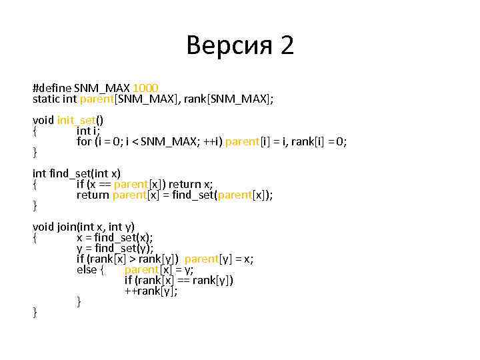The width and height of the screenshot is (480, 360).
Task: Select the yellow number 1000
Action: coord(146,88)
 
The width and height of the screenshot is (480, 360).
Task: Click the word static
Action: coord(45,99)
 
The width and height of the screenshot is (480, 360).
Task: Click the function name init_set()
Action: coord(80,120)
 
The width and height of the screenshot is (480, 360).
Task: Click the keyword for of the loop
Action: coord(83,141)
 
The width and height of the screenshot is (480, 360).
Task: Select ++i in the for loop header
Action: coord(212,141)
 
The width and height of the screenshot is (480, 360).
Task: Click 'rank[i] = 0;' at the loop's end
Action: coord(319,141)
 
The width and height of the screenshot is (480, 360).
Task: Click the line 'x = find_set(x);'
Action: coord(115,237)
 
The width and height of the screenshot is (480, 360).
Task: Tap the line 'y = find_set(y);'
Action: coord(115,248)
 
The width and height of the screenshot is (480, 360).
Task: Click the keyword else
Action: coord(87,269)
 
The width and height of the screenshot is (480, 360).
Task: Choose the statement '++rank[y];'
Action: coord(151,291)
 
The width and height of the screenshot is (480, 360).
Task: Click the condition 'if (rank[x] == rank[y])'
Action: coord(179,280)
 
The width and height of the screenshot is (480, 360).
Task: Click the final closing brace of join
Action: coord(35,312)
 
